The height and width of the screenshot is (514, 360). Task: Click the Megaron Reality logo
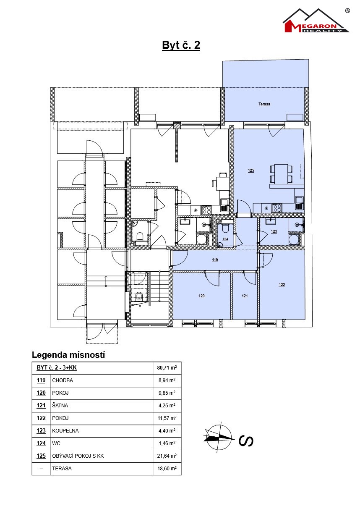316,21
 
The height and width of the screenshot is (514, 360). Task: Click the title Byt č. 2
181,45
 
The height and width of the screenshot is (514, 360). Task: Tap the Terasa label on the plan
264,104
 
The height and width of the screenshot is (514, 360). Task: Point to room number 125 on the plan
251,170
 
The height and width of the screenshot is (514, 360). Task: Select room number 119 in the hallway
215,260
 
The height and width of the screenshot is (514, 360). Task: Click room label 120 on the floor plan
201,296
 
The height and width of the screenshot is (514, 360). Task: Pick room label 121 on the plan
245,296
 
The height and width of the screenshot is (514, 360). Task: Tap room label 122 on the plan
282,285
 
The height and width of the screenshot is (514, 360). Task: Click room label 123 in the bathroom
274,231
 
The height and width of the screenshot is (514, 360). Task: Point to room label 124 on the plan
225,239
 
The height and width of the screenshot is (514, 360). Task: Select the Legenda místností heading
68,355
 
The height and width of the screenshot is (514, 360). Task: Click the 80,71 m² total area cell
167,368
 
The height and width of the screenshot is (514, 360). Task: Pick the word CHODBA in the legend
63,380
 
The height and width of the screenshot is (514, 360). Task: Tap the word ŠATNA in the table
60,406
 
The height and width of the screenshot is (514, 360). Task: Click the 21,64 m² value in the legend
167,456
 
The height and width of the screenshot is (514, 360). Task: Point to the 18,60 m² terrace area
167,469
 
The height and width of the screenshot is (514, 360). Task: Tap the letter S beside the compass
246,441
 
